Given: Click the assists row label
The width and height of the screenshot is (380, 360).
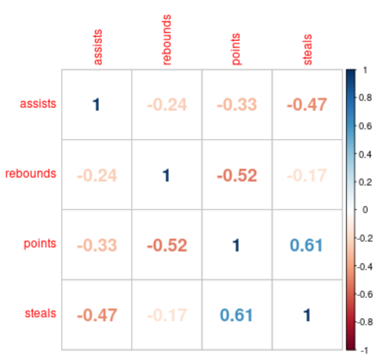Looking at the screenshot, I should [x=38, y=104].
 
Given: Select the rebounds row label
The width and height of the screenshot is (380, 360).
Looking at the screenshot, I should [x=31, y=174].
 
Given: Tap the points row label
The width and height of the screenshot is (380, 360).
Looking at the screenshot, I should [x=40, y=243].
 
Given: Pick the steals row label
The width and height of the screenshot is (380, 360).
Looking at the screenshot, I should [x=41, y=313].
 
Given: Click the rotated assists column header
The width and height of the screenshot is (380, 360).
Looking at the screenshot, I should [x=98, y=47].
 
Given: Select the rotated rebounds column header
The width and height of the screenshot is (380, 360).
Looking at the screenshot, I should [x=166, y=40].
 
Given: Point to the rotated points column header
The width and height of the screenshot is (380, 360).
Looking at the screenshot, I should [x=236, y=49].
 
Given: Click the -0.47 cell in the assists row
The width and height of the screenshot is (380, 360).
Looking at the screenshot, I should [x=307, y=105].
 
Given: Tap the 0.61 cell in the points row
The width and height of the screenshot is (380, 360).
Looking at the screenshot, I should [x=306, y=245].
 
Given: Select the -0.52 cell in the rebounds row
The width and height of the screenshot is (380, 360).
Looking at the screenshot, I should [x=236, y=175].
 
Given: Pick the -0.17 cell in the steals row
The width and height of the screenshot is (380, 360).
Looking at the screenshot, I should [x=166, y=315].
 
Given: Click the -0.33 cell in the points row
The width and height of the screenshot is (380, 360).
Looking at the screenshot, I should [x=97, y=245].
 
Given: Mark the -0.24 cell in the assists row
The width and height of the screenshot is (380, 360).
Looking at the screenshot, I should [x=166, y=105].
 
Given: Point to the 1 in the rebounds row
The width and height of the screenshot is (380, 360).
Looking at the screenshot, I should [x=166, y=175].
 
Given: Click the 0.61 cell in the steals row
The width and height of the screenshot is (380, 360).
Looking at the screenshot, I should [x=236, y=315].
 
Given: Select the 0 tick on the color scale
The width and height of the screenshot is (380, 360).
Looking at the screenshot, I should [x=364, y=210].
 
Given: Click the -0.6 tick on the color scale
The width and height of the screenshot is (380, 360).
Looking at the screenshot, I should [x=367, y=294].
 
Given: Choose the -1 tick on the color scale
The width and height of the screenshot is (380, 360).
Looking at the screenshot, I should [x=365, y=350].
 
